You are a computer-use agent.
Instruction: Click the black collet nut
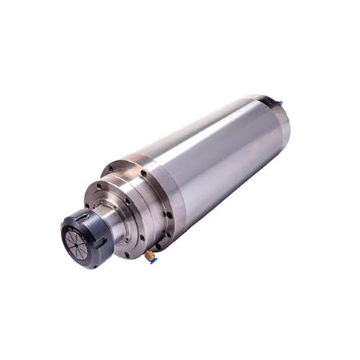[x=86, y=237]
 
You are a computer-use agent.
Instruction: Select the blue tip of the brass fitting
[x=153, y=261]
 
